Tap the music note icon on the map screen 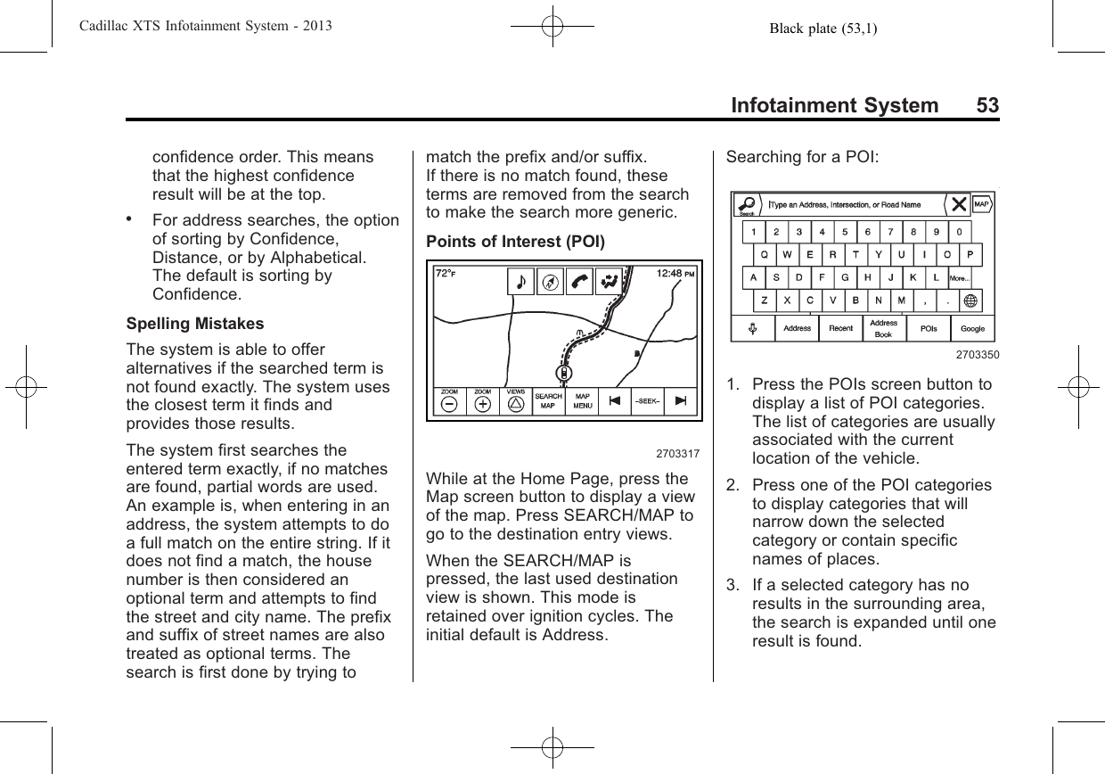[x=520, y=282]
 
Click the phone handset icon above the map [x=579, y=282]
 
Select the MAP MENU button [x=582, y=402]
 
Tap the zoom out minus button [x=449, y=403]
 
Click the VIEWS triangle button [x=515, y=403]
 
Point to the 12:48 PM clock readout [x=676, y=274]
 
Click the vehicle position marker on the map [x=566, y=373]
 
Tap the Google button [x=972, y=328]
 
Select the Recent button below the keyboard [x=840, y=328]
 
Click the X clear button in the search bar [x=959, y=204]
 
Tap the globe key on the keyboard [x=970, y=301]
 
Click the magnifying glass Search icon [x=747, y=203]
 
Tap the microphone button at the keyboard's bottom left [x=753, y=328]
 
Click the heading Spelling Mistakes [x=195, y=323]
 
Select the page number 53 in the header [x=986, y=106]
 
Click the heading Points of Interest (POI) [x=515, y=242]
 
